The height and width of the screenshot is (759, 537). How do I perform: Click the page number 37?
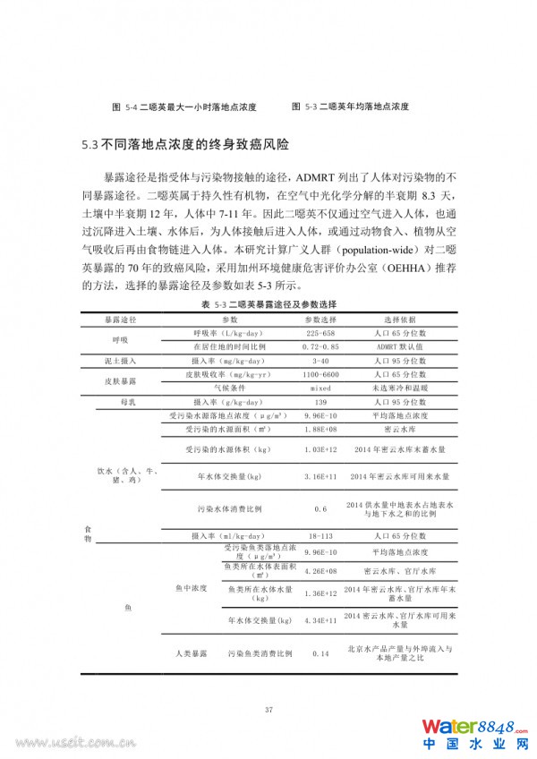point(268,710)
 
